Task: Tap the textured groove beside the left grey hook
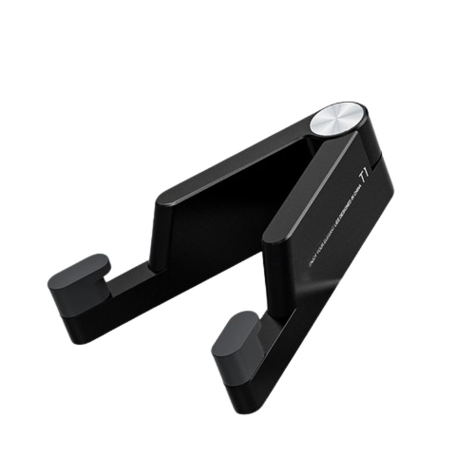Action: coord(129,280)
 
